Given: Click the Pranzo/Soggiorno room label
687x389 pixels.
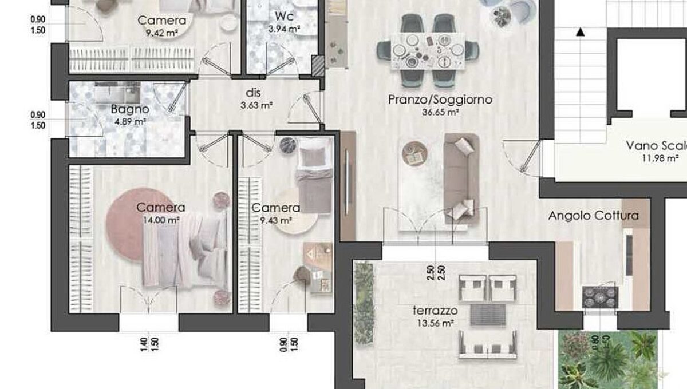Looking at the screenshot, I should click(x=440, y=100).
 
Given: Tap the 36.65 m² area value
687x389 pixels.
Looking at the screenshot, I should click(x=440, y=113).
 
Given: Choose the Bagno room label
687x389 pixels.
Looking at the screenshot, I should click(x=130, y=109).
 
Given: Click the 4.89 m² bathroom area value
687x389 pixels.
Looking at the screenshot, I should click(x=130, y=121).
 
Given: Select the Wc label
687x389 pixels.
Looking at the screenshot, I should click(x=285, y=15).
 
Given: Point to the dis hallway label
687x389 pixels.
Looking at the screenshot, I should click(x=253, y=92).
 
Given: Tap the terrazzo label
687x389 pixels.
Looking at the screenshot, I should click(x=435, y=311).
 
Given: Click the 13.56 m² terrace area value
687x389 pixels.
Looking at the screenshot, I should click(x=435, y=323).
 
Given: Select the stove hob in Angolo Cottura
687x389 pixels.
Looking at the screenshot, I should click(x=600, y=296).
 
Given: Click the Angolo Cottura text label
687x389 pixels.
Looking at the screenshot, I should click(x=593, y=216).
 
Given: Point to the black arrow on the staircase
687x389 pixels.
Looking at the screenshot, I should click(x=580, y=32).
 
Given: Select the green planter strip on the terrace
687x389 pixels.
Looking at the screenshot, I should click(x=363, y=303).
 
